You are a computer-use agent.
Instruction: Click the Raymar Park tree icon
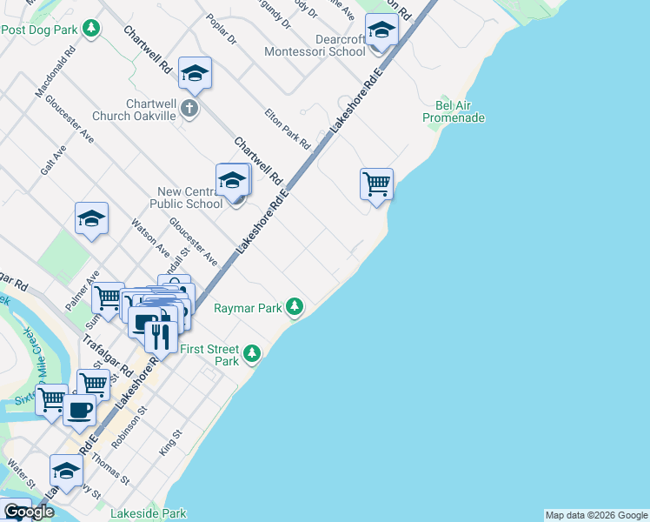coord(295,307)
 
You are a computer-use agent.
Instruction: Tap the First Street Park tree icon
coord(251,353)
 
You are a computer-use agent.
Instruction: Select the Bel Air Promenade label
coord(454,111)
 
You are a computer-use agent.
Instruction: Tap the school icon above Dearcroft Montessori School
coord(381,31)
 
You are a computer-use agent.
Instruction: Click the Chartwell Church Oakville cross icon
coord(190,109)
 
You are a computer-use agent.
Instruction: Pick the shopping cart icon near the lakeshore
coord(376,184)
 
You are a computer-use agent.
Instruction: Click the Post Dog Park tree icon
coord(91,30)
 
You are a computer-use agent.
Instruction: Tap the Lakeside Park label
coord(148,514)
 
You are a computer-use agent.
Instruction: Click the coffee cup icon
coord(79,410)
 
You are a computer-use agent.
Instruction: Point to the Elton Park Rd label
coord(288,127)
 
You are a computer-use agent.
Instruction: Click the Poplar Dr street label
coord(222,29)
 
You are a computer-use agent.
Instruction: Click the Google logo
coord(29,512)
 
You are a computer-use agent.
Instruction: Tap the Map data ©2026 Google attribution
coord(596,515)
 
